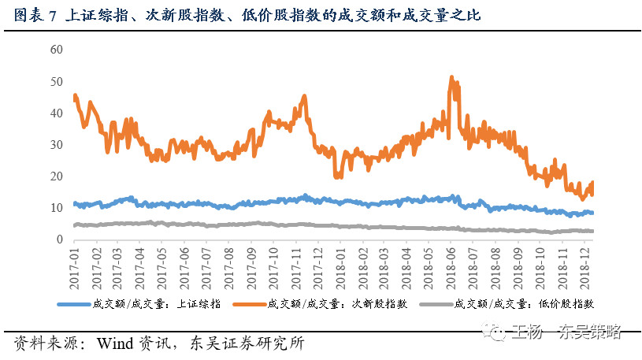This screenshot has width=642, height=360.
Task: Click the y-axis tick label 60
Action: click(55, 50)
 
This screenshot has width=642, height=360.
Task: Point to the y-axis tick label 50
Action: click(55, 81)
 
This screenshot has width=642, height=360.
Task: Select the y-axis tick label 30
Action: click(55, 145)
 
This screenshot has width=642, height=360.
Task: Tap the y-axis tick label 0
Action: click(58, 239)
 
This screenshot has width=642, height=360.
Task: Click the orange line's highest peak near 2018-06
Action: click(451, 77)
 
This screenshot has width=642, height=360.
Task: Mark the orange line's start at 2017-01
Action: click(74, 97)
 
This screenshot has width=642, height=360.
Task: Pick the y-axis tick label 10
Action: click(55, 208)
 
